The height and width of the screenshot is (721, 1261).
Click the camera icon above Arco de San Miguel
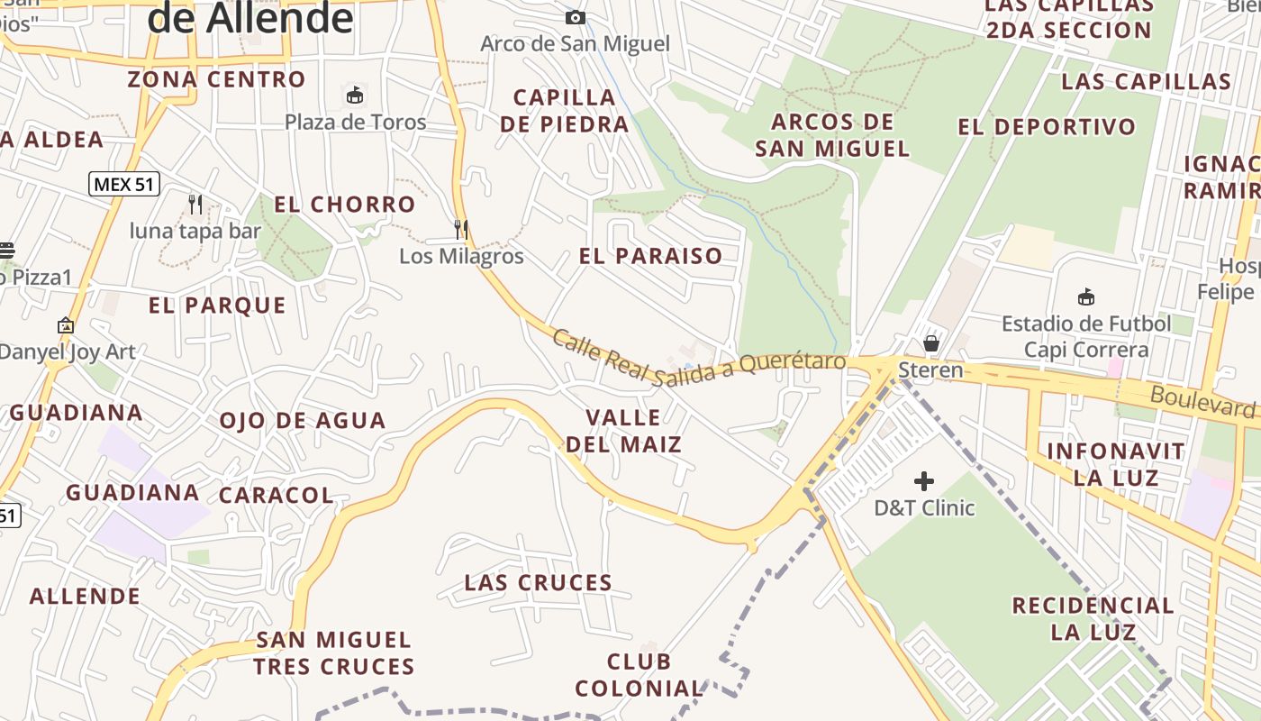click(575, 17)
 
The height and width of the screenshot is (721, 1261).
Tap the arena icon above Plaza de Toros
click(355, 95)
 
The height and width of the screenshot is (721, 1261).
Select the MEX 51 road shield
click(124, 185)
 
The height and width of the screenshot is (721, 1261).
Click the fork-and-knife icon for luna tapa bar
click(195, 205)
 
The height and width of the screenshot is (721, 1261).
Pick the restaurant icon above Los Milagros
click(461, 229)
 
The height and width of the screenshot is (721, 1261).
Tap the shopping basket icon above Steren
click(931, 343)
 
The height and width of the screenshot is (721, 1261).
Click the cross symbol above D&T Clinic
click(924, 481)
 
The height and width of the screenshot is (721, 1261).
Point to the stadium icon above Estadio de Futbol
click(1086, 297)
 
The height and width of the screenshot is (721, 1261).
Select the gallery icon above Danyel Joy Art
click(66, 325)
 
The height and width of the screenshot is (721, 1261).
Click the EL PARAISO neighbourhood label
click(651, 256)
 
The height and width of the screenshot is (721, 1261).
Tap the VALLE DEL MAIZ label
click(623, 431)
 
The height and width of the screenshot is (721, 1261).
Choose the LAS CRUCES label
click(539, 583)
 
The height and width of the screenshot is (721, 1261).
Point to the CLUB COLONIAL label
click(640, 675)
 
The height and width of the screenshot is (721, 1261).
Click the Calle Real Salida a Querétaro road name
click(699, 360)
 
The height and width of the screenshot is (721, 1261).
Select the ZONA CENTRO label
click(216, 79)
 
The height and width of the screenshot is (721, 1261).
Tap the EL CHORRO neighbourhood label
click(345, 205)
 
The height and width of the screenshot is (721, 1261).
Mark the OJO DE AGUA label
click(303, 421)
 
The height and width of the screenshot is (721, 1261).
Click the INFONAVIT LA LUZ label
click(1116, 463)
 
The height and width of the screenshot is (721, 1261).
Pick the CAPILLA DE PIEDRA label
click(565, 111)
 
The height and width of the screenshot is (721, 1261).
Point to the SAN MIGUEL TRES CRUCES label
click(334, 653)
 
